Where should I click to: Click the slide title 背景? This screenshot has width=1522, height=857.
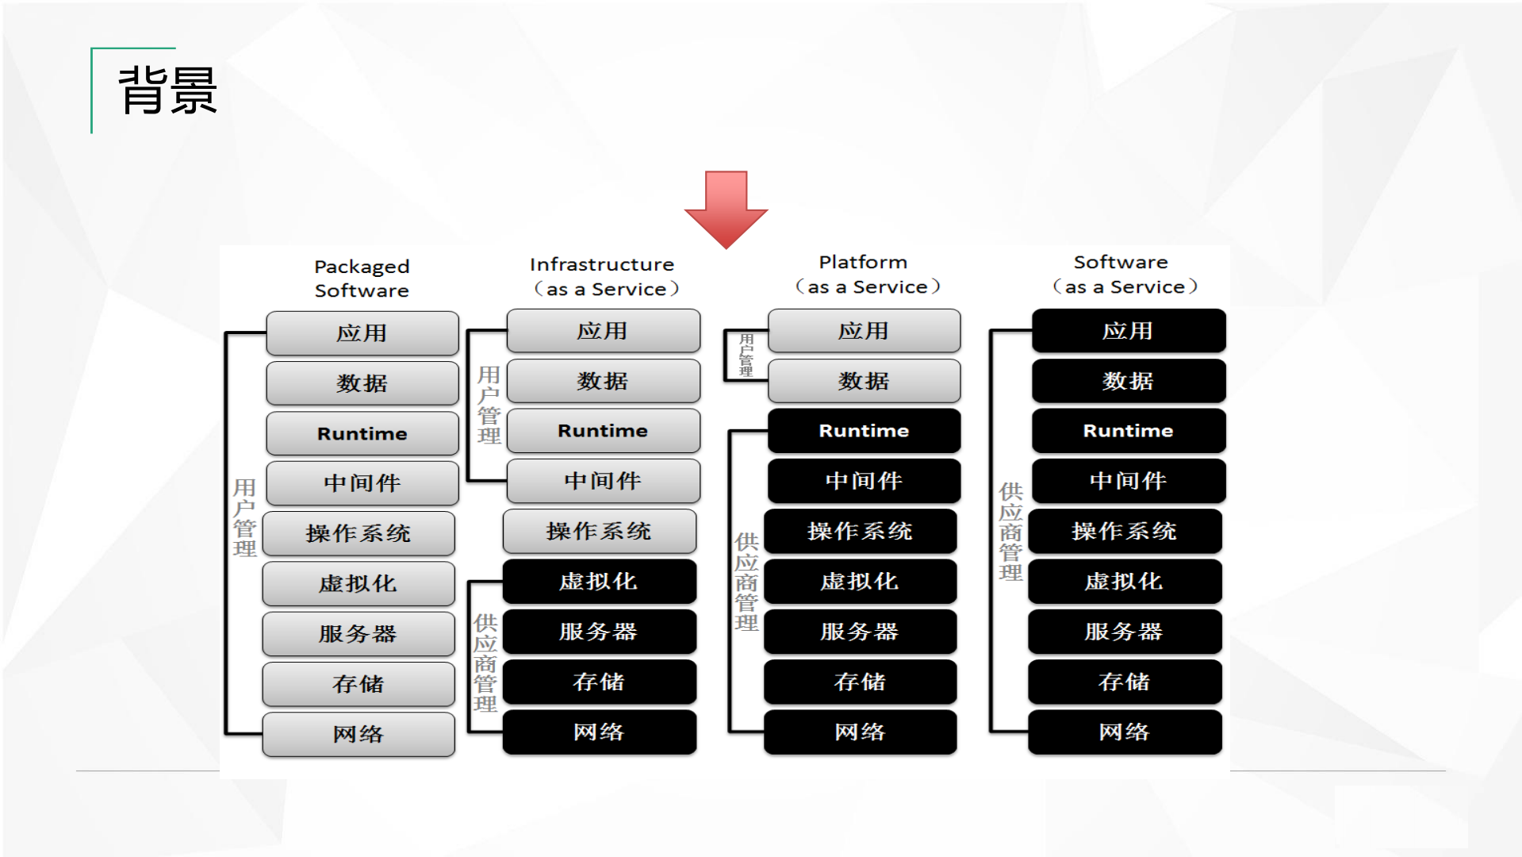tap(167, 90)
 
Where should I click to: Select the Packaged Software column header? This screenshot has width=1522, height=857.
tap(362, 279)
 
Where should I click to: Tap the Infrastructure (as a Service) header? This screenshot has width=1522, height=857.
tap(603, 276)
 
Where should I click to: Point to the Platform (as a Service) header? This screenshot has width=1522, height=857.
tap(865, 274)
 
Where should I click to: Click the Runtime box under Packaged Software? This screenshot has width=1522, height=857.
tap(362, 433)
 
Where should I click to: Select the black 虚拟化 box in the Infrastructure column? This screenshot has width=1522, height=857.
tap(599, 582)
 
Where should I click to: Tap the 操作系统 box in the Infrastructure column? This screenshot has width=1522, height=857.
tap(599, 531)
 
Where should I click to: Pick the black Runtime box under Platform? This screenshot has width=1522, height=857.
tap(864, 431)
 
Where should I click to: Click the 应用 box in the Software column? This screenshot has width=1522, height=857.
tap(1128, 331)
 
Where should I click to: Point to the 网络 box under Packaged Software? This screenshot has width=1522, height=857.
tap(358, 734)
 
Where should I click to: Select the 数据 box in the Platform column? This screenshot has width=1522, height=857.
tap(864, 381)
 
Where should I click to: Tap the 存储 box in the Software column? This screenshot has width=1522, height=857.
tap(1124, 682)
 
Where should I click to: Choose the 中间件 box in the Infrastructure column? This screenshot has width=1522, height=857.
tap(603, 481)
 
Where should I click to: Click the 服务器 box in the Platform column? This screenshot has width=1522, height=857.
tap(860, 632)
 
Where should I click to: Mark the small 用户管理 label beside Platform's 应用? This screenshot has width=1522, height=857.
tap(746, 355)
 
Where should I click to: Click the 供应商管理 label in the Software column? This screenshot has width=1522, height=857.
tap(1010, 532)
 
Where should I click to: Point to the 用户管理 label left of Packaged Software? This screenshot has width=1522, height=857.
tap(244, 517)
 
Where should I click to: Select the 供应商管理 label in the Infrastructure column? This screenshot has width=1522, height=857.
tap(485, 663)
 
